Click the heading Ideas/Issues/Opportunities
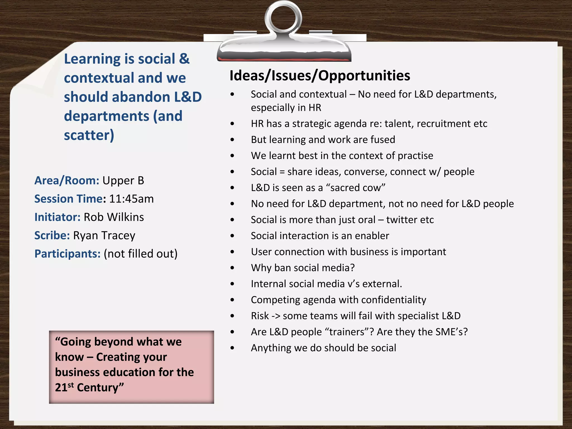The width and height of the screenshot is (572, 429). [x=320, y=76]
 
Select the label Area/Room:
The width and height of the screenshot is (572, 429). [x=67, y=181]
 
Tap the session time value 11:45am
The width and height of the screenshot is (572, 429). [x=131, y=199]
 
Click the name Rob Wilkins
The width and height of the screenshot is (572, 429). [x=114, y=217]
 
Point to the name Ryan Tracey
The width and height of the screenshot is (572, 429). [x=104, y=235]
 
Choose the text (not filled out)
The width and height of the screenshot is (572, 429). [x=140, y=254]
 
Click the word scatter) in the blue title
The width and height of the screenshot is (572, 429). [x=89, y=135]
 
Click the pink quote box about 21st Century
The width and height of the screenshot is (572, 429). [x=131, y=367]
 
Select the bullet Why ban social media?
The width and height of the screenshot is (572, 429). [x=302, y=268]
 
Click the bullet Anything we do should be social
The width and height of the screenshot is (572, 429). [x=323, y=348]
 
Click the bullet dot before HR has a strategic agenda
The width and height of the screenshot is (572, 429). [x=232, y=124]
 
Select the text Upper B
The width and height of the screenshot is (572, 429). [x=123, y=181]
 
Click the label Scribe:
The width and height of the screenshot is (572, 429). [x=52, y=235]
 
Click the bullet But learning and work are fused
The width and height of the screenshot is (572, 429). [x=323, y=140]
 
